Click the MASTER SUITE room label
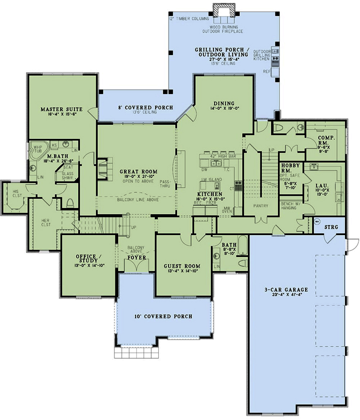(61, 109)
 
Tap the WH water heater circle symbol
(317, 222)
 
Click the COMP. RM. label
(327, 140)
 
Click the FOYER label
(137, 258)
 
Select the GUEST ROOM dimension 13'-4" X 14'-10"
(182, 271)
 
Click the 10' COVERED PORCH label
(163, 316)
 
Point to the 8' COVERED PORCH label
(146, 107)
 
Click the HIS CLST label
(17, 193)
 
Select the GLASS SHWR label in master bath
(67, 175)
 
